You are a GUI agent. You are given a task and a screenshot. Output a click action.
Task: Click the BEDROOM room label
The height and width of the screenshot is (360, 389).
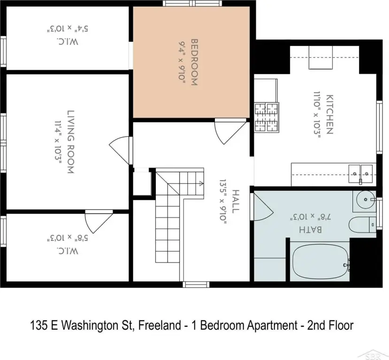pyautogui.click(x=194, y=62)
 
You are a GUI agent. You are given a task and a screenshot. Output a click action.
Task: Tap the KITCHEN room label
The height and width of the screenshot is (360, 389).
pyautogui.click(x=329, y=114)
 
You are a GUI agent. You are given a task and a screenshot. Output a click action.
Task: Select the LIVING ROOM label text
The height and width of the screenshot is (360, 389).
pyautogui.click(x=71, y=142)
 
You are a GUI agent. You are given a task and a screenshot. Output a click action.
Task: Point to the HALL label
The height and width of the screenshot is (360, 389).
pyautogui.click(x=236, y=201)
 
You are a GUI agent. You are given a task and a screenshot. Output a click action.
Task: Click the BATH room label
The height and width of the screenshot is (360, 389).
pyautogui.click(x=311, y=229)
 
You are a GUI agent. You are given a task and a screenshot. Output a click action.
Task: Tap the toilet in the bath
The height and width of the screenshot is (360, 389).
pyautogui.click(x=362, y=225)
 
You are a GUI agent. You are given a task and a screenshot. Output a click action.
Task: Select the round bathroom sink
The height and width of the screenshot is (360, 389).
pyautogui.click(x=366, y=199)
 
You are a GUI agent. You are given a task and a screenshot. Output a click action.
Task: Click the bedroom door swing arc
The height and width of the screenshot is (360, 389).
pyautogui.click(x=231, y=133)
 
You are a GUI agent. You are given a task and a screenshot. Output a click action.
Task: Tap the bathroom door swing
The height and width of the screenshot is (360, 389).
pyautogui.click(x=263, y=207)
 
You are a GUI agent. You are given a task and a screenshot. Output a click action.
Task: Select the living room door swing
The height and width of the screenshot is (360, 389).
pyautogui.click(x=119, y=150)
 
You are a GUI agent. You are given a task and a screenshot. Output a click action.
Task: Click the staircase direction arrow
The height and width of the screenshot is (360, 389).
pyautogui.click(x=200, y=184)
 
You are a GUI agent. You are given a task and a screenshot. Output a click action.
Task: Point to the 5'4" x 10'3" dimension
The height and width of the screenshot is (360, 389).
pyautogui.click(x=68, y=28)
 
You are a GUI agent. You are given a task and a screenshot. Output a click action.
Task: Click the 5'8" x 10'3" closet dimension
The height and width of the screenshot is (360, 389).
pyautogui.click(x=68, y=238)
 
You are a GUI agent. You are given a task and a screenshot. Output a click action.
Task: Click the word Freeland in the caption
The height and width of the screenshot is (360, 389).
pyautogui.click(x=159, y=325)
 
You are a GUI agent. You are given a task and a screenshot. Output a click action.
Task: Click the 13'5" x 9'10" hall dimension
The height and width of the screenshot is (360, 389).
pyautogui.click(x=223, y=201)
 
